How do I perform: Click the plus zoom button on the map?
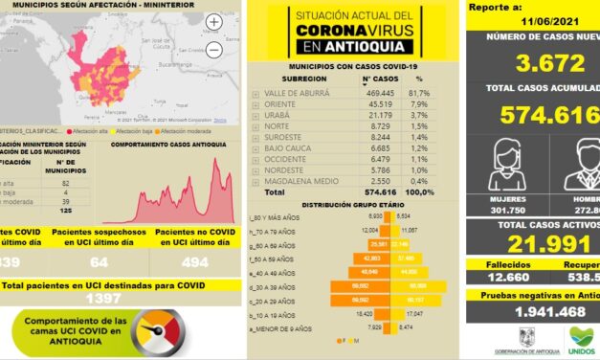click(213, 21)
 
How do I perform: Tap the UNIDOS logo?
click(581, 338)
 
